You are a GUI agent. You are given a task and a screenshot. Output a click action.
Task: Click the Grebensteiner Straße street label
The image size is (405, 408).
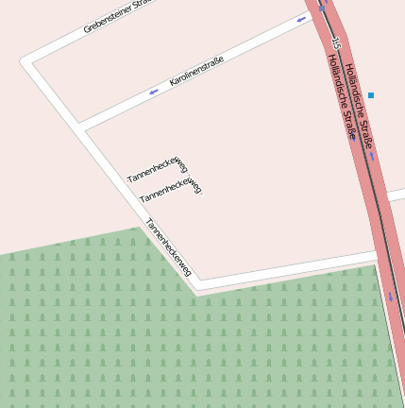click(x=117, y=16)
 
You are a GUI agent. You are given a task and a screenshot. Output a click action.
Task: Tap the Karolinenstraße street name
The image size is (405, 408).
click(x=196, y=72)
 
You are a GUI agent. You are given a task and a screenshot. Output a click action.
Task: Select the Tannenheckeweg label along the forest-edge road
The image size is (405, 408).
click(x=169, y=247)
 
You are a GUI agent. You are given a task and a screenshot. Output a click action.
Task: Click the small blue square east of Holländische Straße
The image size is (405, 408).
click(x=371, y=95)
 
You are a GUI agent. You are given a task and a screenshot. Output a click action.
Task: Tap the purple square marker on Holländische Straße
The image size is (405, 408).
click(x=352, y=137)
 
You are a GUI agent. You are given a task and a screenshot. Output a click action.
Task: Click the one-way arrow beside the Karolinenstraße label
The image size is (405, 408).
click(x=153, y=92)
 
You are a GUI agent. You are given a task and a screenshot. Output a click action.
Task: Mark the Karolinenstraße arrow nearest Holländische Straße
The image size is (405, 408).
click(x=301, y=19)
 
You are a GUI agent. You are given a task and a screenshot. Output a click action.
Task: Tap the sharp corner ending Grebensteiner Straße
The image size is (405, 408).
click(x=24, y=61)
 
